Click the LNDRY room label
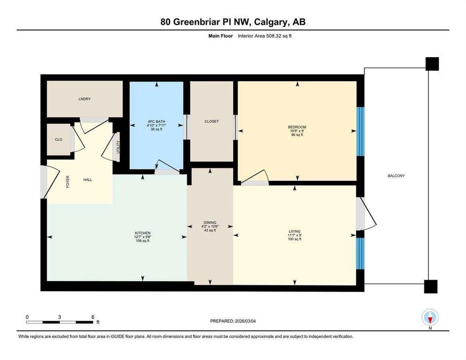pos(85,99)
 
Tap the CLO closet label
pos(59,139)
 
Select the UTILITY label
pos(118,147)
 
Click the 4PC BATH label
pos(156,121)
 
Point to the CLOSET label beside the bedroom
pos(211,121)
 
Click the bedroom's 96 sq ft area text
pos(297,135)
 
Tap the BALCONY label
pos(396,176)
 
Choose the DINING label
pos(210,222)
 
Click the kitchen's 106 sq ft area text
pos(143,241)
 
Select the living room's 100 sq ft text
pos(294,239)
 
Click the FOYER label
pos(68,181)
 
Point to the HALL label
pos(88,180)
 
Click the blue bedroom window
pos(360,131)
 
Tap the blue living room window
pos(360,254)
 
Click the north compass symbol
pos(430,318)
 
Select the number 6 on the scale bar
pos(93,317)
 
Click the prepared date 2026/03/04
pos(245,321)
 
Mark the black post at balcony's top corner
pos(432,64)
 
